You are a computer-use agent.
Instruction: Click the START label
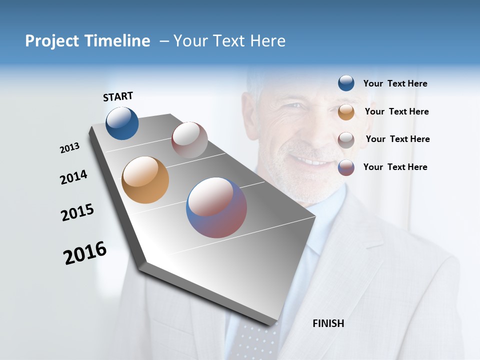118,96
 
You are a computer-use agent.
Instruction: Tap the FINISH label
328,323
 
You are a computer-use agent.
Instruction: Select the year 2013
69,148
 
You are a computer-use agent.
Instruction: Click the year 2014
73,177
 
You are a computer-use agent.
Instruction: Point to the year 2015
77,212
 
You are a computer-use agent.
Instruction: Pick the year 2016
85,253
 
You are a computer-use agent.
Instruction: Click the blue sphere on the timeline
122,123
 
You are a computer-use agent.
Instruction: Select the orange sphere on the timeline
145,180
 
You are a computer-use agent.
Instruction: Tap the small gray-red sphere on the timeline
189,140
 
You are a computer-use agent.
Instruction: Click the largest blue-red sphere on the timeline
216,207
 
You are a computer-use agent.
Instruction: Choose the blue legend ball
346,83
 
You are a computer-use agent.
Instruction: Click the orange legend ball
346,111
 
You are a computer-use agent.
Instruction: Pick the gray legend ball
346,139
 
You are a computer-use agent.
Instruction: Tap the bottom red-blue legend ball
346,167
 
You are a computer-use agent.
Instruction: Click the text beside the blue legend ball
395,83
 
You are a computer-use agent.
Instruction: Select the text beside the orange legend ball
396,111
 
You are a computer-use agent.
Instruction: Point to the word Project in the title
52,41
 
